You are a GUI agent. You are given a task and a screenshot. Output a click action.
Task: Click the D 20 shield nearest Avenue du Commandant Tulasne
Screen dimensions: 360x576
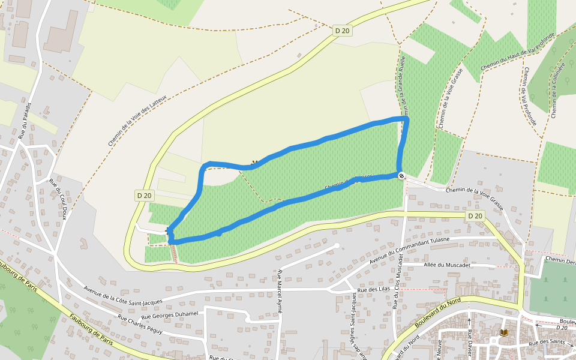[475, 215]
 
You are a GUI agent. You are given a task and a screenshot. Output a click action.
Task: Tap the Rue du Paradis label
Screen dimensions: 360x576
[24, 120]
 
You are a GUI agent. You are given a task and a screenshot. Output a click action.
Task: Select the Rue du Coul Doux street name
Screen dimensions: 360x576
[58, 199]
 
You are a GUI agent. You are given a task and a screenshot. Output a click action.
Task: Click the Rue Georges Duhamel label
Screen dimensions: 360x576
[169, 314]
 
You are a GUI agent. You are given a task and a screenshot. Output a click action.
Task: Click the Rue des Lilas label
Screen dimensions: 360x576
[373, 290]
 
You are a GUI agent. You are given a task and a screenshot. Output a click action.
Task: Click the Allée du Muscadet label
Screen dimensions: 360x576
[446, 265]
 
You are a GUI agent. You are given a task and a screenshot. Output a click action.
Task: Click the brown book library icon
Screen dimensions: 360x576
[504, 332]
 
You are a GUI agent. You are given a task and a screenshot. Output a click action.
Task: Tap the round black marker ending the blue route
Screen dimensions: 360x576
[401, 175]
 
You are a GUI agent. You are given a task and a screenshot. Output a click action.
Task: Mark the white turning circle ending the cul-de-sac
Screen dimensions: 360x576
[337, 245]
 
